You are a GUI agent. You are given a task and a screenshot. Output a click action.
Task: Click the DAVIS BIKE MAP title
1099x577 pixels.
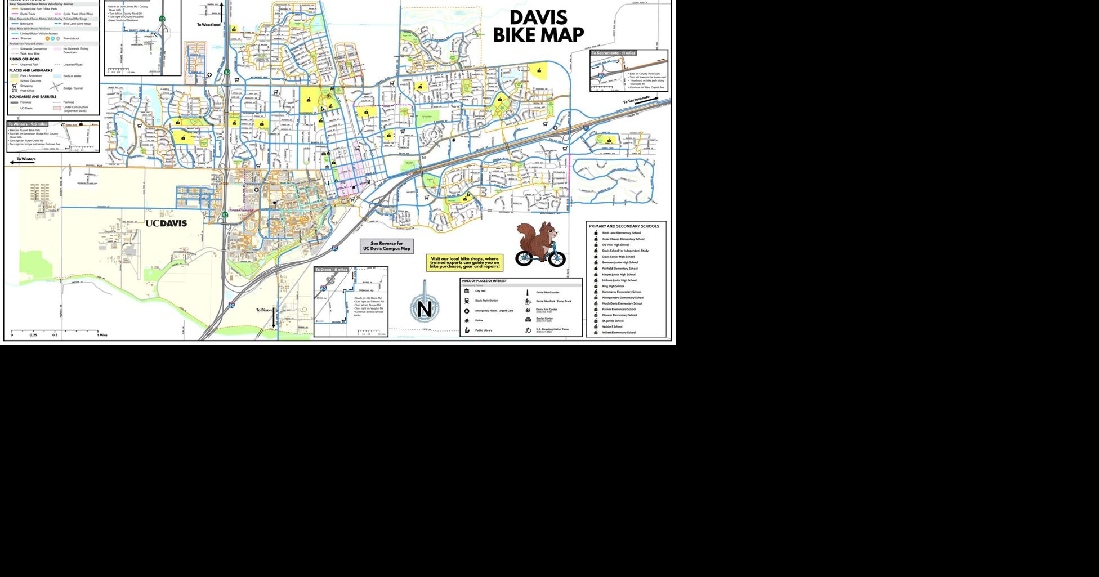click(538, 26)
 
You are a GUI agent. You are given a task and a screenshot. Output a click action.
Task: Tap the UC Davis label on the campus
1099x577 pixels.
click(166, 223)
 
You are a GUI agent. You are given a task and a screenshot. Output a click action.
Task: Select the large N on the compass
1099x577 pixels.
click(425, 309)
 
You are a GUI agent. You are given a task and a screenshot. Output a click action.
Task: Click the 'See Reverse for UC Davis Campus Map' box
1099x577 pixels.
click(387, 246)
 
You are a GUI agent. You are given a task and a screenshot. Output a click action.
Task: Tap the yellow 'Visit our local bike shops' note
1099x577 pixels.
click(464, 262)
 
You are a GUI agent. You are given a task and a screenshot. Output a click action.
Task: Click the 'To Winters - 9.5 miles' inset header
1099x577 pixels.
click(28, 124)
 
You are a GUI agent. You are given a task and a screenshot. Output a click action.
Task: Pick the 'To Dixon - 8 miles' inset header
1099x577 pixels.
click(332, 270)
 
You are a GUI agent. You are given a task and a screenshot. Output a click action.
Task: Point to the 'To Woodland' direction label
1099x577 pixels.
click(209, 25)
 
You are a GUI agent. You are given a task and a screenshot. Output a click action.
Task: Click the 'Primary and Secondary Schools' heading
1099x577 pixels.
click(624, 226)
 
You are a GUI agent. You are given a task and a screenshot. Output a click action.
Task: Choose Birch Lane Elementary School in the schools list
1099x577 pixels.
click(621, 233)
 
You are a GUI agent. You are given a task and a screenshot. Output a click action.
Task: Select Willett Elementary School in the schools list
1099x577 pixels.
click(619, 332)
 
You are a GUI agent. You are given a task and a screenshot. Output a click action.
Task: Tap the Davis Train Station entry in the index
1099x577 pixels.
click(486, 301)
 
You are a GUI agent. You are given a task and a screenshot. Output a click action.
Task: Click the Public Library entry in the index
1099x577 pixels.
click(484, 330)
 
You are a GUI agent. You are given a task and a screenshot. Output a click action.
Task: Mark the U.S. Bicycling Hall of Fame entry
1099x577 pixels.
click(552, 330)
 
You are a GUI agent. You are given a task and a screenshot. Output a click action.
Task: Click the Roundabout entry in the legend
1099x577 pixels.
click(71, 38)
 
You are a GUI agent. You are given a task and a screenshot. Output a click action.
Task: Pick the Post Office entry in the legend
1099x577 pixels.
click(27, 91)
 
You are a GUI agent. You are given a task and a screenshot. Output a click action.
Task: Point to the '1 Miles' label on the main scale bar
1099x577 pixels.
click(102, 335)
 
